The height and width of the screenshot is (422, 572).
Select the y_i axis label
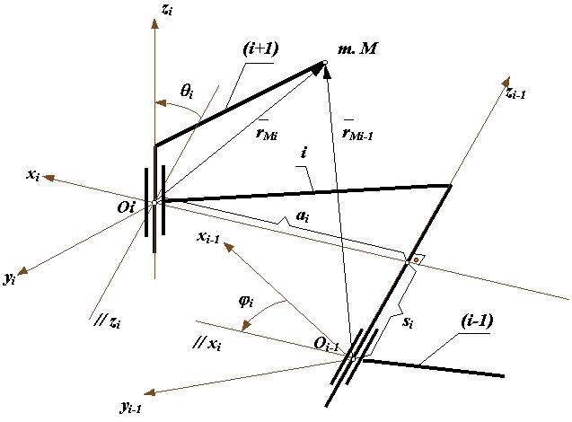click(x=10, y=279)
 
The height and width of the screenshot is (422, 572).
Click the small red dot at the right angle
click(x=416, y=260)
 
